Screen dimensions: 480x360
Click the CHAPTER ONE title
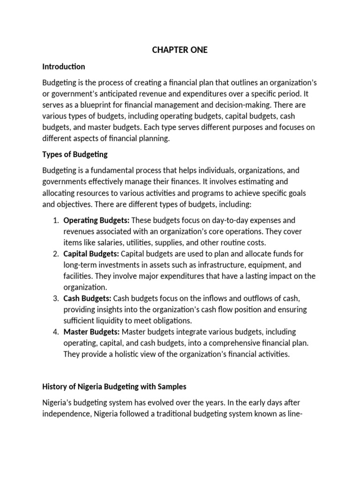(x=180, y=50)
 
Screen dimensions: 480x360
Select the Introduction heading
(x=64, y=67)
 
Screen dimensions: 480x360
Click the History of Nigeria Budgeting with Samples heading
(x=114, y=387)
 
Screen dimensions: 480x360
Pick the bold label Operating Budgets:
(x=96, y=220)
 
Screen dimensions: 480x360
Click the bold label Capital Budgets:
(x=91, y=254)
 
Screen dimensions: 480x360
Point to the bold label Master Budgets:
(x=91, y=332)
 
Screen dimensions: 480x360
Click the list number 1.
(x=55, y=220)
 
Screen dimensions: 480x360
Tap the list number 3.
(x=55, y=298)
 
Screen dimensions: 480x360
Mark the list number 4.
(x=55, y=332)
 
